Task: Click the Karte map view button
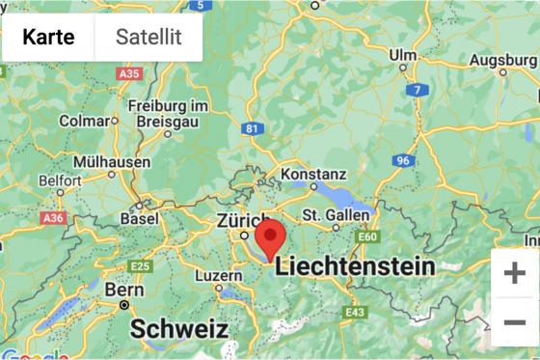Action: pyautogui.click(x=48, y=38)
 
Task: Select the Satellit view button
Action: pyautogui.click(x=148, y=38)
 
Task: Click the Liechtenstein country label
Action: pyautogui.click(x=355, y=266)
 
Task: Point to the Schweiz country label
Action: pyautogui.click(x=179, y=328)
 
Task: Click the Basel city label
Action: pyautogui.click(x=139, y=219)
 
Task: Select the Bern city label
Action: pyautogui.click(x=124, y=289)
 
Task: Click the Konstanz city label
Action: pyautogui.click(x=313, y=173)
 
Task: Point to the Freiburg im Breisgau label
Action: pyautogui.click(x=170, y=113)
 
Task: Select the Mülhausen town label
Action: pyautogui.click(x=112, y=162)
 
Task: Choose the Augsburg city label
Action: pyautogui.click(x=502, y=60)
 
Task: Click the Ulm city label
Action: pyautogui.click(x=402, y=55)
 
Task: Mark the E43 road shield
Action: pyautogui.click(x=355, y=312)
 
